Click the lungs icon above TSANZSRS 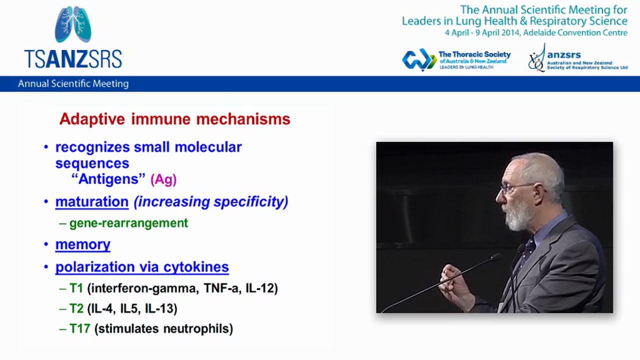tap(73, 24)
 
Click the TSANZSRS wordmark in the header tap(73, 58)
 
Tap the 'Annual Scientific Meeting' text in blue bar tap(73, 84)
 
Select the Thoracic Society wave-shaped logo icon tap(419, 60)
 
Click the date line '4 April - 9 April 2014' tap(536, 33)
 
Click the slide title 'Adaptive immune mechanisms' tap(174, 119)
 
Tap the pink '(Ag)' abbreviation tap(163, 179)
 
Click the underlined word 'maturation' tap(92, 201)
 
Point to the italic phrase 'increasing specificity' tap(210, 201)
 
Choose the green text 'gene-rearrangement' tap(128, 223)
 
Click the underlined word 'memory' tap(83, 244)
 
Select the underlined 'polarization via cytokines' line tap(142, 267)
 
